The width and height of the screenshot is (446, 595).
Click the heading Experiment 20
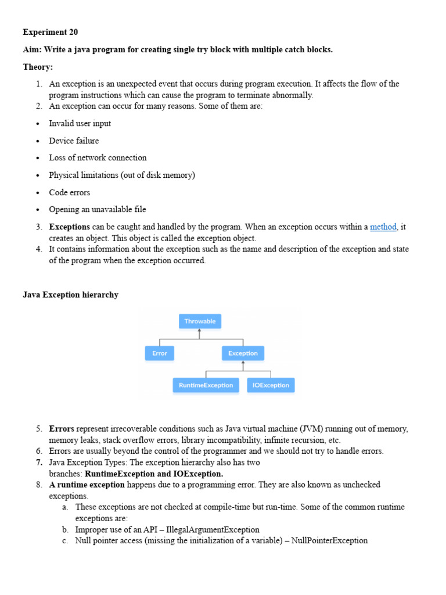click(50, 32)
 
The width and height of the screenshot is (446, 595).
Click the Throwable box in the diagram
click(200, 321)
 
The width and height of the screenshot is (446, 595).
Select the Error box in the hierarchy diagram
click(159, 353)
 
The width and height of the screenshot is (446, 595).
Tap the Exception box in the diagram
click(243, 353)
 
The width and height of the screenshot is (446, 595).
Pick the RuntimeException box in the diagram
click(206, 385)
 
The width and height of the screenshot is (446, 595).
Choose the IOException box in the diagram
click(271, 385)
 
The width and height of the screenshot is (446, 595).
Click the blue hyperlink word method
click(383, 227)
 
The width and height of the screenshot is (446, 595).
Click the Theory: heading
click(38, 67)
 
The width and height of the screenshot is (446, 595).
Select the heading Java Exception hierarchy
click(70, 295)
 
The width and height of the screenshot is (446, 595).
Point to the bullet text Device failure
click(74, 141)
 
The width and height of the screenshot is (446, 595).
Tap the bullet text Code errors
click(70, 192)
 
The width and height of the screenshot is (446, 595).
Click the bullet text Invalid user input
click(80, 123)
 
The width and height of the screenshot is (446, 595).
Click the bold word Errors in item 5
click(62, 429)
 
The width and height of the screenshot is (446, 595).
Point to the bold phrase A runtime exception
click(87, 485)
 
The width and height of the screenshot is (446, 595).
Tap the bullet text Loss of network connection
click(98, 157)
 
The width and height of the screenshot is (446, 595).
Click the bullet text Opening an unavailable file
click(98, 209)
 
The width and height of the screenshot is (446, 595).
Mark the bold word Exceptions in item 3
click(69, 227)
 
